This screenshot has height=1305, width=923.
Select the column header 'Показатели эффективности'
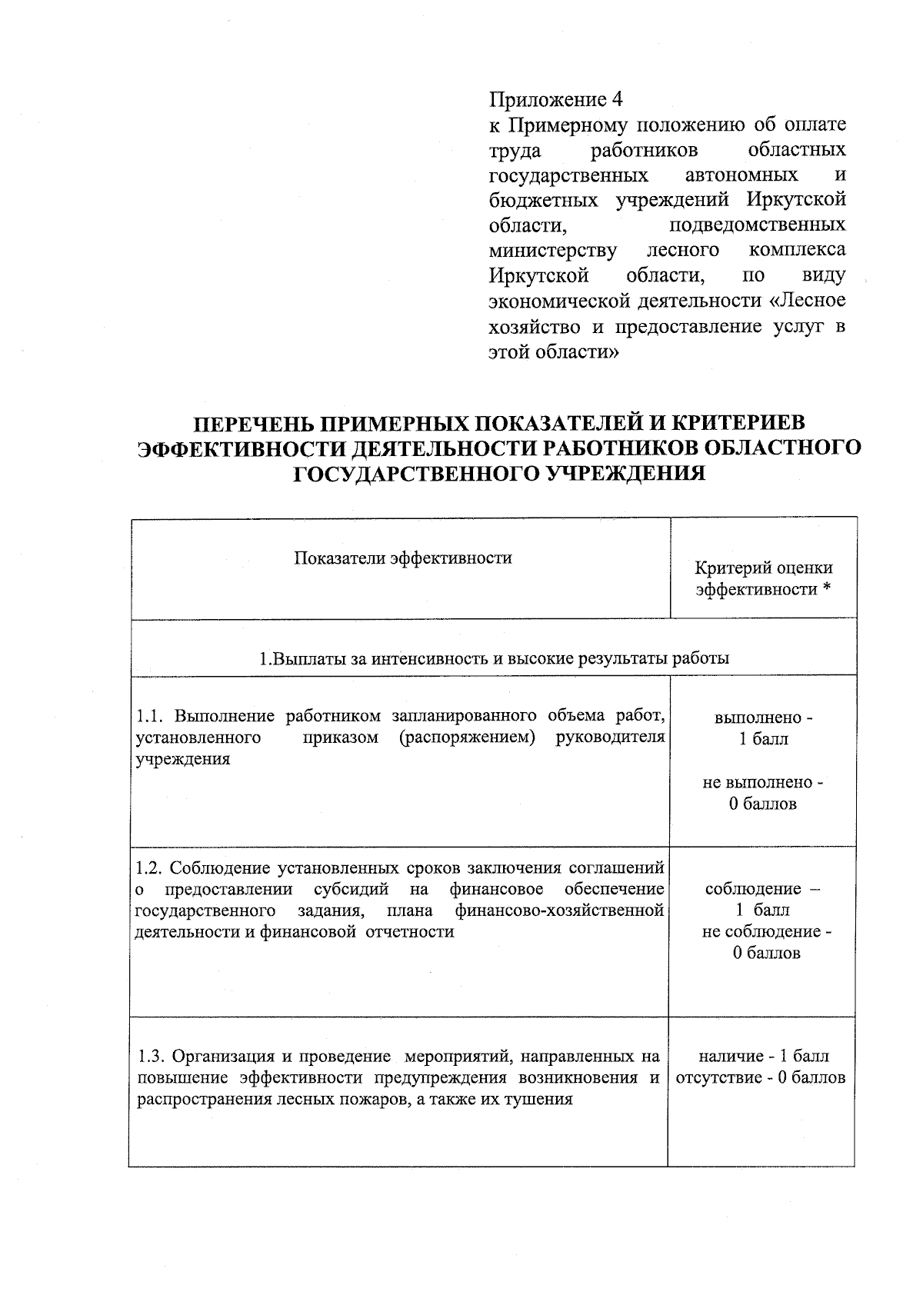[x=403, y=558]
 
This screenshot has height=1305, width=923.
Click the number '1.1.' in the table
[x=151, y=717]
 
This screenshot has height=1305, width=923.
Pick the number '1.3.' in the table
[x=150, y=1056]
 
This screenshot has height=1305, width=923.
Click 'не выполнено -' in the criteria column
[x=762, y=783]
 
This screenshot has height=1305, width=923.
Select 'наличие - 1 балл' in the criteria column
[x=764, y=1056]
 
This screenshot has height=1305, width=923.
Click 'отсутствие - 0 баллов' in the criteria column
[x=761, y=1077]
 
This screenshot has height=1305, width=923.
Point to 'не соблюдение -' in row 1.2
[x=766, y=932]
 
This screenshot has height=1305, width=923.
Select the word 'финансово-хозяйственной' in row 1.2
[x=559, y=911]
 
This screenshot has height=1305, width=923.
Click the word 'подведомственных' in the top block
[x=758, y=225]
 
